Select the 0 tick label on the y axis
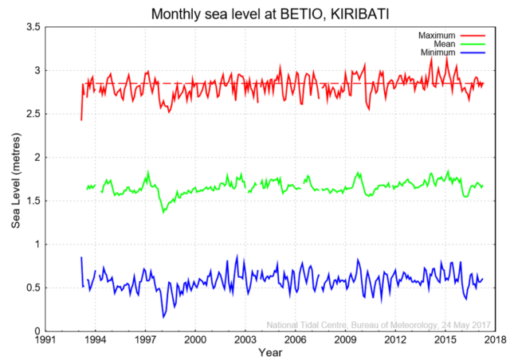[x=37, y=331]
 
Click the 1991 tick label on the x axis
[x=45, y=339]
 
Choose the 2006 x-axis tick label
[x=295, y=339]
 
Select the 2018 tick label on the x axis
[x=493, y=339]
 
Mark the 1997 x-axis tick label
[x=145, y=339]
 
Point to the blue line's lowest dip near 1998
[x=163, y=317]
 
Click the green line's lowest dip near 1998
[x=163, y=212]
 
